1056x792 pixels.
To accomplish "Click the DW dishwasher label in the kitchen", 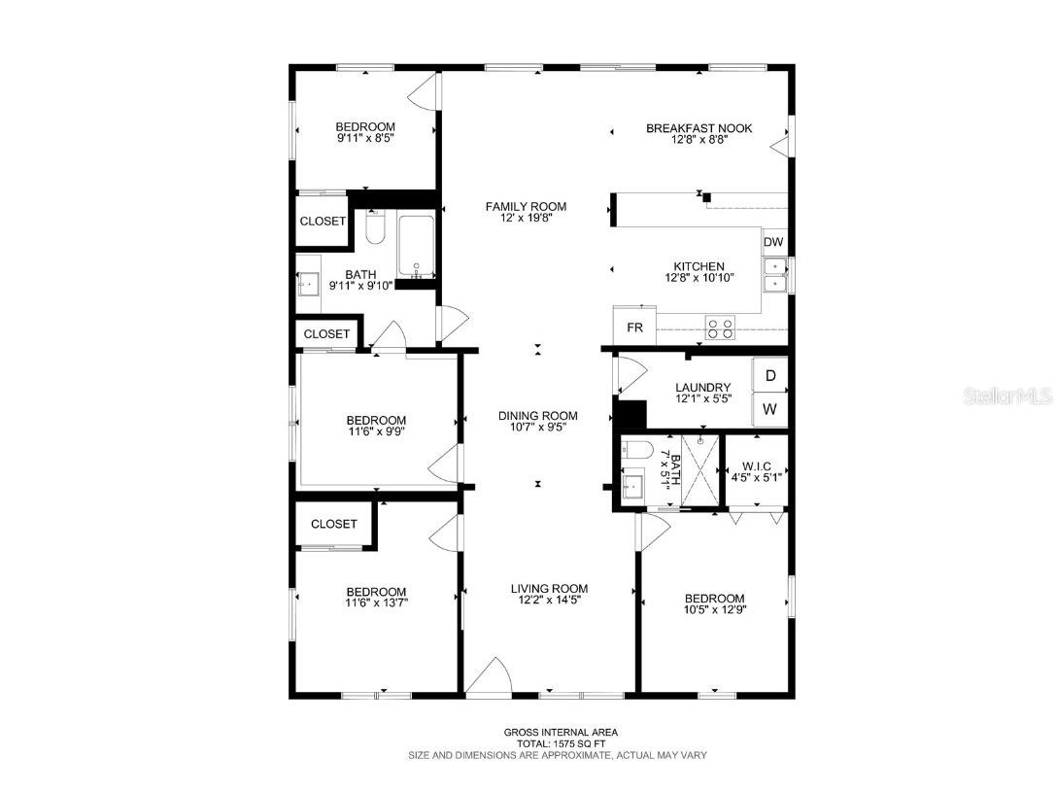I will click(773, 242).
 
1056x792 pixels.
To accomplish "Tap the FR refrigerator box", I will click(634, 327).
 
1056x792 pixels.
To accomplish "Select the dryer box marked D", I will click(769, 375).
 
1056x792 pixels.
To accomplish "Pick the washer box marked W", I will click(769, 410).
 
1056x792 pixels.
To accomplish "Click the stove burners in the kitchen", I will click(720, 328).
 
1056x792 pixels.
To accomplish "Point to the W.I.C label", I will click(757, 466).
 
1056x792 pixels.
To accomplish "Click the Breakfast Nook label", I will click(698, 128).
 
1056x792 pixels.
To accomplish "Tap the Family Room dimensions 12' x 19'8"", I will click(526, 221).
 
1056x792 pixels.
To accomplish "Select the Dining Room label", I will click(537, 416).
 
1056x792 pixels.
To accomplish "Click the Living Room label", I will click(549, 588).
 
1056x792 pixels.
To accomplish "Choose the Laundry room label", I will click(702, 388).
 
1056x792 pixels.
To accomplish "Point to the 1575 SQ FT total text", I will click(560, 743).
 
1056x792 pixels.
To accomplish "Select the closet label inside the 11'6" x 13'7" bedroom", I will click(333, 524).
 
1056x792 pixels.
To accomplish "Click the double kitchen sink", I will click(775, 275).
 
